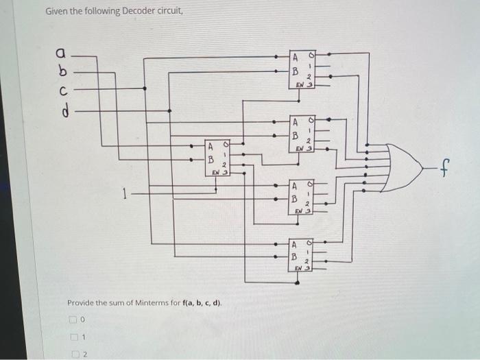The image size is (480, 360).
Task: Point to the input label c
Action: click(x=62, y=90)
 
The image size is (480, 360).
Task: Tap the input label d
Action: click(x=62, y=108)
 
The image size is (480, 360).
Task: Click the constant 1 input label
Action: click(x=124, y=193)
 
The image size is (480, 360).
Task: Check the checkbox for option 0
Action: click(x=72, y=320)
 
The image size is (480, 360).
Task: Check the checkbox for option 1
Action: click(x=72, y=337)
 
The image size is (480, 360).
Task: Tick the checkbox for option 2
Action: click(x=72, y=354)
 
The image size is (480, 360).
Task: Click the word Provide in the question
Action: click(x=83, y=302)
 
